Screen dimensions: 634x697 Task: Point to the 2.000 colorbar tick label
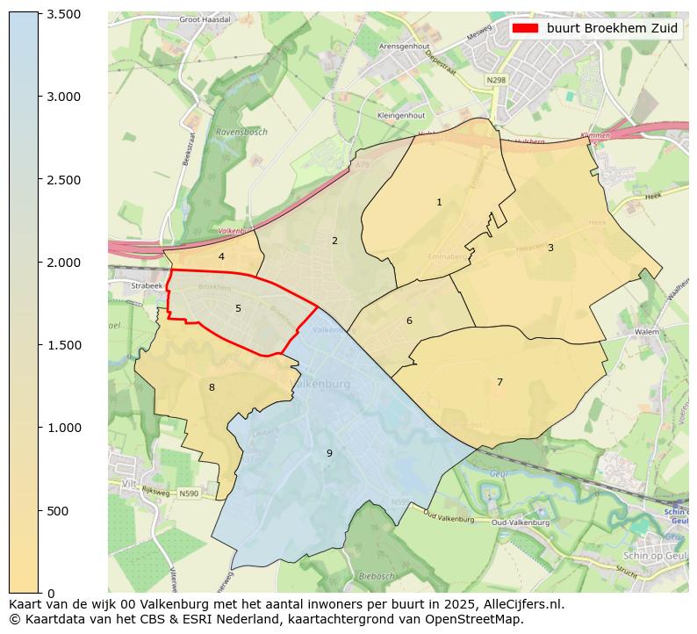63,263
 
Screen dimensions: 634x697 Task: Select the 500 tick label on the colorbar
58,511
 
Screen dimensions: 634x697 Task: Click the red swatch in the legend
525,28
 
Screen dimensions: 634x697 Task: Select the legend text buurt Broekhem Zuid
612,28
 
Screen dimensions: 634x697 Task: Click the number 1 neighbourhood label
439,203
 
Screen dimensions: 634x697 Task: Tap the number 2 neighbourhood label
334,241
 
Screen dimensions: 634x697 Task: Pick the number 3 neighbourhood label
550,248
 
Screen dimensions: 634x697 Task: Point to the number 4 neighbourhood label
221,257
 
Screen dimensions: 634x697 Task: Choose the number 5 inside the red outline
238,309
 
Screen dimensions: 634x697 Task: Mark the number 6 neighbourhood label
409,321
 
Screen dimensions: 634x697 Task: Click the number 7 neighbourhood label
499,382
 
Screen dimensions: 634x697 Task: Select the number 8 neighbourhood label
212,387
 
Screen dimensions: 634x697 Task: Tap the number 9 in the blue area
329,453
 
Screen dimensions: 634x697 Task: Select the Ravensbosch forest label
241,133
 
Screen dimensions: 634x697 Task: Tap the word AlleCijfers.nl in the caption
517,604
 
